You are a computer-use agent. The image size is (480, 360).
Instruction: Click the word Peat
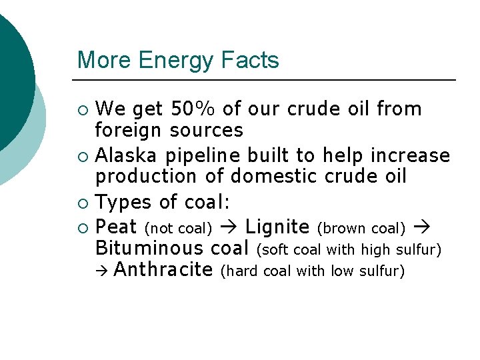pyautogui.click(x=116, y=227)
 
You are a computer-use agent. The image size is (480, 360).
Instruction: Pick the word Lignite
pyautogui.click(x=277, y=228)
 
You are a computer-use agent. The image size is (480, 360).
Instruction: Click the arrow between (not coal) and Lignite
pyautogui.click(x=227, y=228)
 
